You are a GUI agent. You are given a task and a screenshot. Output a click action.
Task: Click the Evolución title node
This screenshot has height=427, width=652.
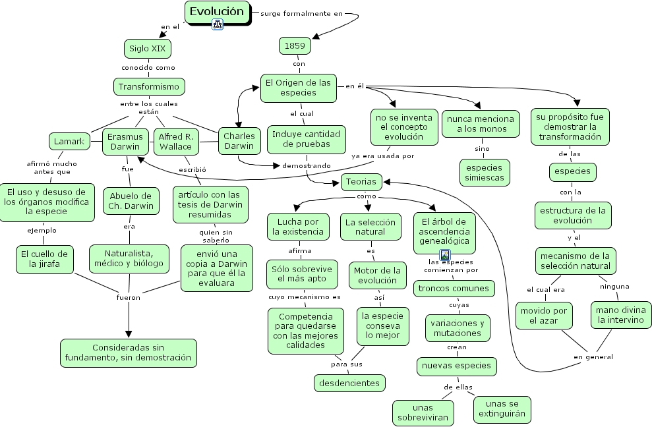point(216,12)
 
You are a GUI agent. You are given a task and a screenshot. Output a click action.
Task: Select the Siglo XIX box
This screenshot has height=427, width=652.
point(148,48)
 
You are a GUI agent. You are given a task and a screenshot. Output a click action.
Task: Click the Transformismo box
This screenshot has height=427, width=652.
point(148,86)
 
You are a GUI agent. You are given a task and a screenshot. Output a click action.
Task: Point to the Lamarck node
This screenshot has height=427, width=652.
point(69,141)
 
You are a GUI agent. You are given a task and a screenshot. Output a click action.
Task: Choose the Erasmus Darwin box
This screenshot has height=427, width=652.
point(125,142)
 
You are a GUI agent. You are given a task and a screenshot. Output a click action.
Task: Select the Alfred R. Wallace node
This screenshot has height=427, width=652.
point(175,142)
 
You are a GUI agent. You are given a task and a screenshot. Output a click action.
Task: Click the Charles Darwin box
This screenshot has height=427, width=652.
point(238,142)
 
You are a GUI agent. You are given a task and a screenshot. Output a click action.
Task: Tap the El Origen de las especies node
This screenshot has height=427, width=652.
point(299,88)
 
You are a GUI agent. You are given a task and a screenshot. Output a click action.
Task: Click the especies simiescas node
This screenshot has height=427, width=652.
point(484,172)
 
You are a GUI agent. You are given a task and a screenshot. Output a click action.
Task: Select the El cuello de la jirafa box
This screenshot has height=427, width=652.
point(44,259)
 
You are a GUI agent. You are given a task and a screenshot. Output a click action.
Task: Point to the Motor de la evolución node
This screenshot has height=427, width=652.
point(377,275)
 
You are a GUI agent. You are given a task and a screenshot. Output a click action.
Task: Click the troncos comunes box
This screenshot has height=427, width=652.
point(454,288)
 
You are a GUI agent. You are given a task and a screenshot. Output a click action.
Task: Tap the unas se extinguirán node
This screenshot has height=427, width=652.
point(502,409)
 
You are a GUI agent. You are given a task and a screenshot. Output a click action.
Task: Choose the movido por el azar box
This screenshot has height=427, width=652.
point(543,315)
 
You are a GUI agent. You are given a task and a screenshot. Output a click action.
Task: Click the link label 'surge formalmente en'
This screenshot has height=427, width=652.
point(302,13)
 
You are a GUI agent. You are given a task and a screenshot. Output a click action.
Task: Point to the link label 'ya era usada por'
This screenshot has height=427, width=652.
point(383,156)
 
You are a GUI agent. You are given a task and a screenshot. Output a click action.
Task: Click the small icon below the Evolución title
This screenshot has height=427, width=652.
point(217,25)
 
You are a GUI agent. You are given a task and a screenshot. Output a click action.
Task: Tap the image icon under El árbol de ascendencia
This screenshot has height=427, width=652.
point(445,254)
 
